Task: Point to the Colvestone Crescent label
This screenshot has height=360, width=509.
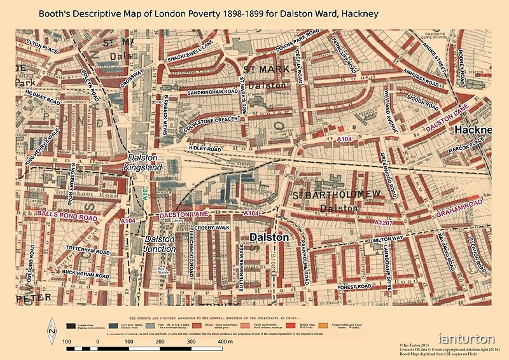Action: coord(202,123)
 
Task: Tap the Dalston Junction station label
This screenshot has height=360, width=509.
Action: coord(160,244)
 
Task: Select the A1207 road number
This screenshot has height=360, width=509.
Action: coord(385,223)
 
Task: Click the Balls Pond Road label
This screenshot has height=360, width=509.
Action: coord(67,217)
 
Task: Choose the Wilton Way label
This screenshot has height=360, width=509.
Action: coord(387,239)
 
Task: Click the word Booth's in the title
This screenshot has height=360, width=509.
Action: coord(55,12)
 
